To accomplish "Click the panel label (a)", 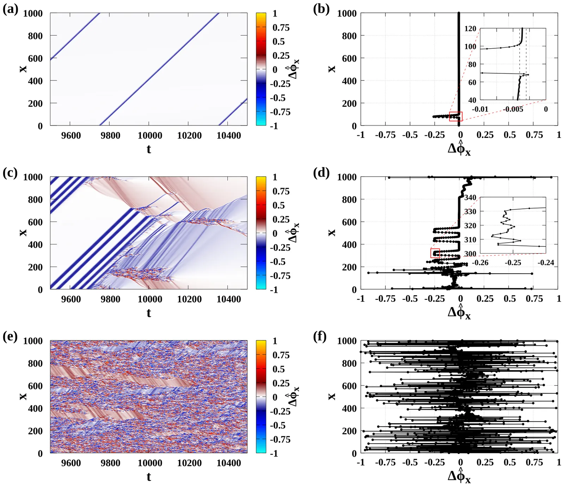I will (10, 9).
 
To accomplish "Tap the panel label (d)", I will (321, 173).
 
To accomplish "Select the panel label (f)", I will (320, 336).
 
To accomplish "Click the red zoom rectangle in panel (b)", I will (455, 116).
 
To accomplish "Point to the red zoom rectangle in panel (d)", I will (435, 253).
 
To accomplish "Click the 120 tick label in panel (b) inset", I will (470, 29).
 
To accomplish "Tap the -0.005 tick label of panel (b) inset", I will (513, 109).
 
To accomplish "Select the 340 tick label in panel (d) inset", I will (470, 198).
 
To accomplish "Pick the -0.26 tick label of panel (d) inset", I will (480, 263).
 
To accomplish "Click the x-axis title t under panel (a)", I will (149, 149).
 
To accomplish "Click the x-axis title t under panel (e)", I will (149, 477).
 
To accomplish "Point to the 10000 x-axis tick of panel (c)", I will (149, 299).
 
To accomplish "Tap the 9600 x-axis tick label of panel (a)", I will (71, 136).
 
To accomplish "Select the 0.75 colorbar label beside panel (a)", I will (281, 28).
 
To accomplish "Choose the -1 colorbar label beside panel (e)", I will (274, 454).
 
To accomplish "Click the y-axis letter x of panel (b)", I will (332, 69).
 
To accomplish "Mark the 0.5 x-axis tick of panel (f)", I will (510, 462).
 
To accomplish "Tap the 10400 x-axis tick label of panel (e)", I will (228, 463).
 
